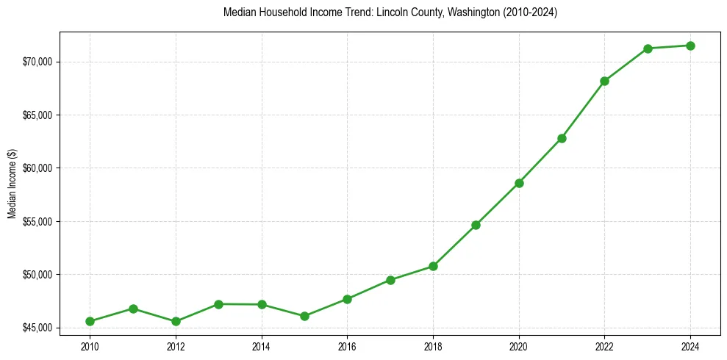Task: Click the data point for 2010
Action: pyautogui.click(x=90, y=321)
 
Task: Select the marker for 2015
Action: pyautogui.click(x=304, y=316)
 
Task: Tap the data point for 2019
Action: pyautogui.click(x=476, y=225)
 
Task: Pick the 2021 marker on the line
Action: pyautogui.click(x=562, y=138)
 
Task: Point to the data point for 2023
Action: pyautogui.click(x=648, y=48)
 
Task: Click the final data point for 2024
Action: pyautogui.click(x=690, y=46)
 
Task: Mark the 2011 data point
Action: pyautogui.click(x=133, y=309)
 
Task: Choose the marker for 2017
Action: pyautogui.click(x=390, y=280)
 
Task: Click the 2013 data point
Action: pyautogui.click(x=218, y=304)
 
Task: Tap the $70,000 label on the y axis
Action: pyautogui.click(x=37, y=62)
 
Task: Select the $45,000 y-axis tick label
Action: pyautogui.click(x=37, y=328)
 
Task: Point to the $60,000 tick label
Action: pyautogui.click(x=37, y=168)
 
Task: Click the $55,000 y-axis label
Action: pyautogui.click(x=37, y=221)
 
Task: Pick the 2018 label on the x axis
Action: pyautogui.click(x=433, y=346)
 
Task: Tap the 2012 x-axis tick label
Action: pyautogui.click(x=176, y=346)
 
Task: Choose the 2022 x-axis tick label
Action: pyautogui.click(x=604, y=346)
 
